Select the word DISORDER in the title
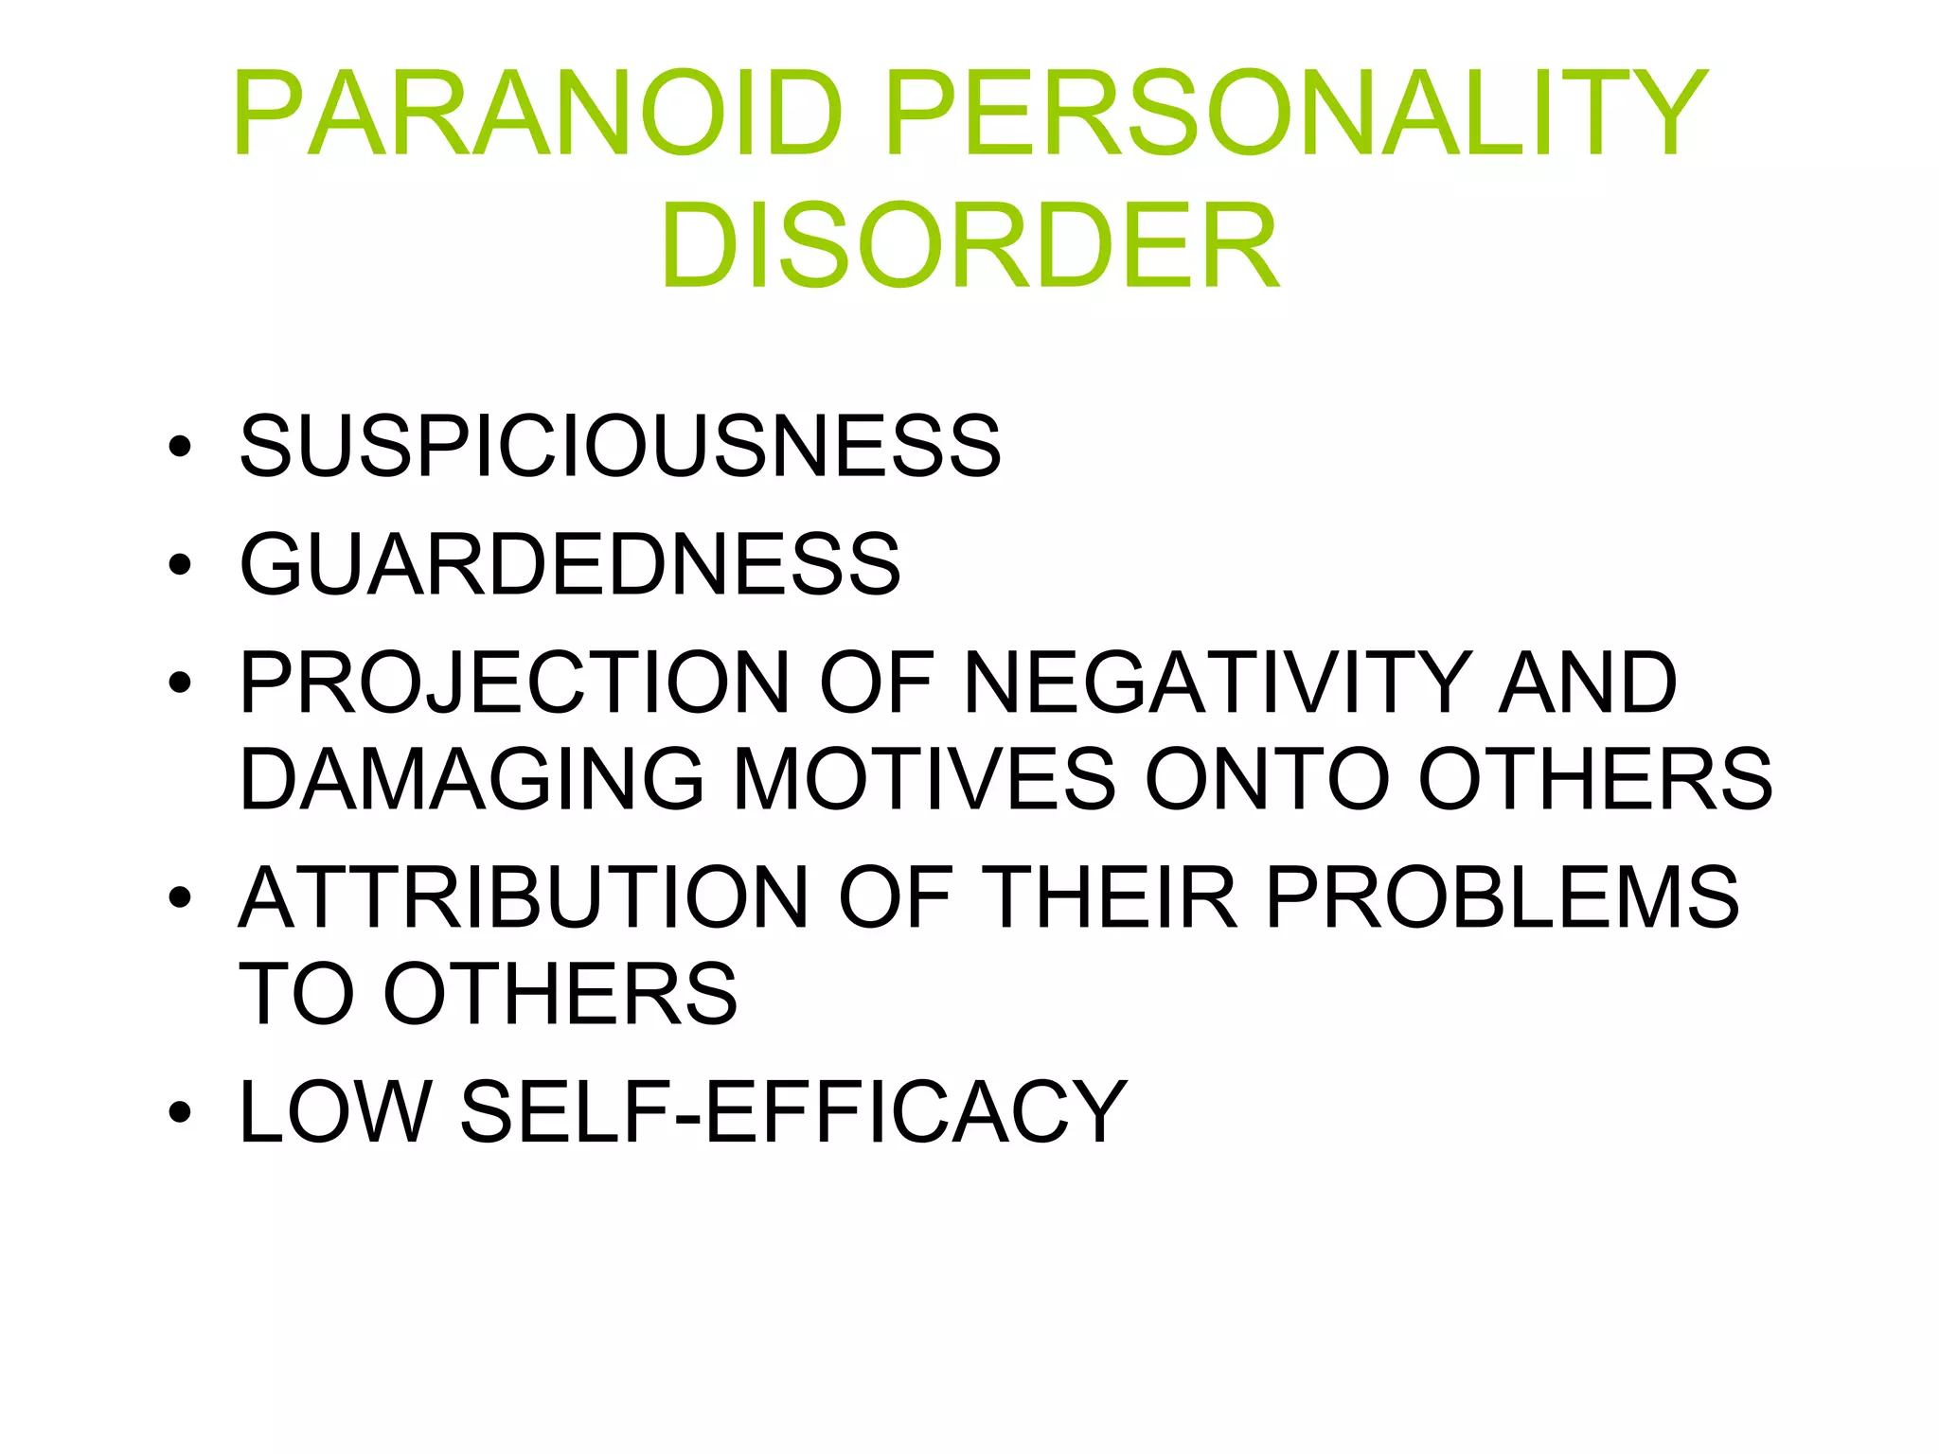[x=970, y=246]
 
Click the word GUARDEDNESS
[x=570, y=564]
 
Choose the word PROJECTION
[x=514, y=683]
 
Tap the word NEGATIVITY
[x=1216, y=683]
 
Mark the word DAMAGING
[x=471, y=779]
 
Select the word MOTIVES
[x=924, y=779]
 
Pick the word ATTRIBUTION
[x=524, y=897]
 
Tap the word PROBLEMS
[x=1503, y=897]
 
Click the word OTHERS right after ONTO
[x=1595, y=779]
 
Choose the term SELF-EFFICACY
[x=793, y=1111]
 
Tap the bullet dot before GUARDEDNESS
[x=179, y=566]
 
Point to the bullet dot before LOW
[x=179, y=1113]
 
